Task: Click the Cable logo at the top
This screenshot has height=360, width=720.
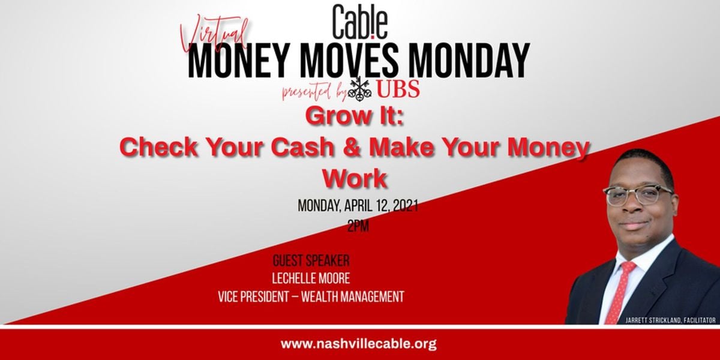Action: pos(360,22)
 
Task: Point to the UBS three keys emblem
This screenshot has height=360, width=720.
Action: pos(360,88)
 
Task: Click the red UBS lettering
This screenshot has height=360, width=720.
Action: pos(398,89)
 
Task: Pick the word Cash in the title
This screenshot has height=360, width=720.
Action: pos(302,147)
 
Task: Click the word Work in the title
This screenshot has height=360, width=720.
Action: pos(355,178)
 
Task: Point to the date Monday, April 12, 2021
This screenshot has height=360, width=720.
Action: pos(358,206)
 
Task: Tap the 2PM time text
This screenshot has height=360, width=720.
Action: pos(358,227)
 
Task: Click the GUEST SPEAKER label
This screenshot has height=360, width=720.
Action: pos(311,260)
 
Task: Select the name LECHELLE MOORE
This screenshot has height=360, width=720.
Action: pos(311,278)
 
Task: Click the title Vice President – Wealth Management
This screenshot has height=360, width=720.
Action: pos(311,296)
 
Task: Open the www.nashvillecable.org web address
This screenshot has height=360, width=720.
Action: pos(358,344)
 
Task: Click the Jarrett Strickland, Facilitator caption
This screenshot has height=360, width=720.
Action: pos(670,320)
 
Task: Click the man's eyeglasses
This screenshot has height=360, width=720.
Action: pos(638,195)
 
